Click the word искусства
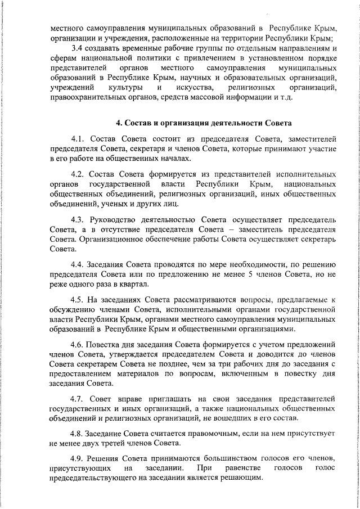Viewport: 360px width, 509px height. pos(195,89)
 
